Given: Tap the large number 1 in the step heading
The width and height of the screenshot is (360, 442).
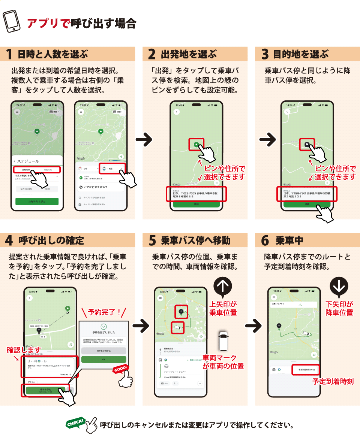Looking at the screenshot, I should click(x=9, y=54).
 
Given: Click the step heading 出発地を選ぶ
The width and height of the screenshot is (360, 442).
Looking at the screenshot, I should click(x=189, y=54).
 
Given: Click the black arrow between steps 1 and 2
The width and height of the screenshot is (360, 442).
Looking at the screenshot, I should click(x=144, y=140).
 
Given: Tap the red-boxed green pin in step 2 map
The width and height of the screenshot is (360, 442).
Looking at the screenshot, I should click(x=196, y=144).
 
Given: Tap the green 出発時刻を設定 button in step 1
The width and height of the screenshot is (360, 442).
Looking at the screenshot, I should click(x=37, y=201).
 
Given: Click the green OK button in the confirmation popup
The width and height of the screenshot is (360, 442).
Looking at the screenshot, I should click(x=104, y=359).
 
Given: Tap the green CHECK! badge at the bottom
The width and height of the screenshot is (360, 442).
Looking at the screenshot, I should click(x=75, y=423).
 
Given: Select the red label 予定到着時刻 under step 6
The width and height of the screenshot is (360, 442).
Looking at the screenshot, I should click(x=333, y=381).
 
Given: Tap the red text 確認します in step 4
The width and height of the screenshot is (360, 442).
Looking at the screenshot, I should click(x=24, y=350).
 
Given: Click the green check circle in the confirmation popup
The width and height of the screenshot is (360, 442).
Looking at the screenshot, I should click(x=104, y=326).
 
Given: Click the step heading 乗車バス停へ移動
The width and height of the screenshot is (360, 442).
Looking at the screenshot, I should click(x=195, y=240).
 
